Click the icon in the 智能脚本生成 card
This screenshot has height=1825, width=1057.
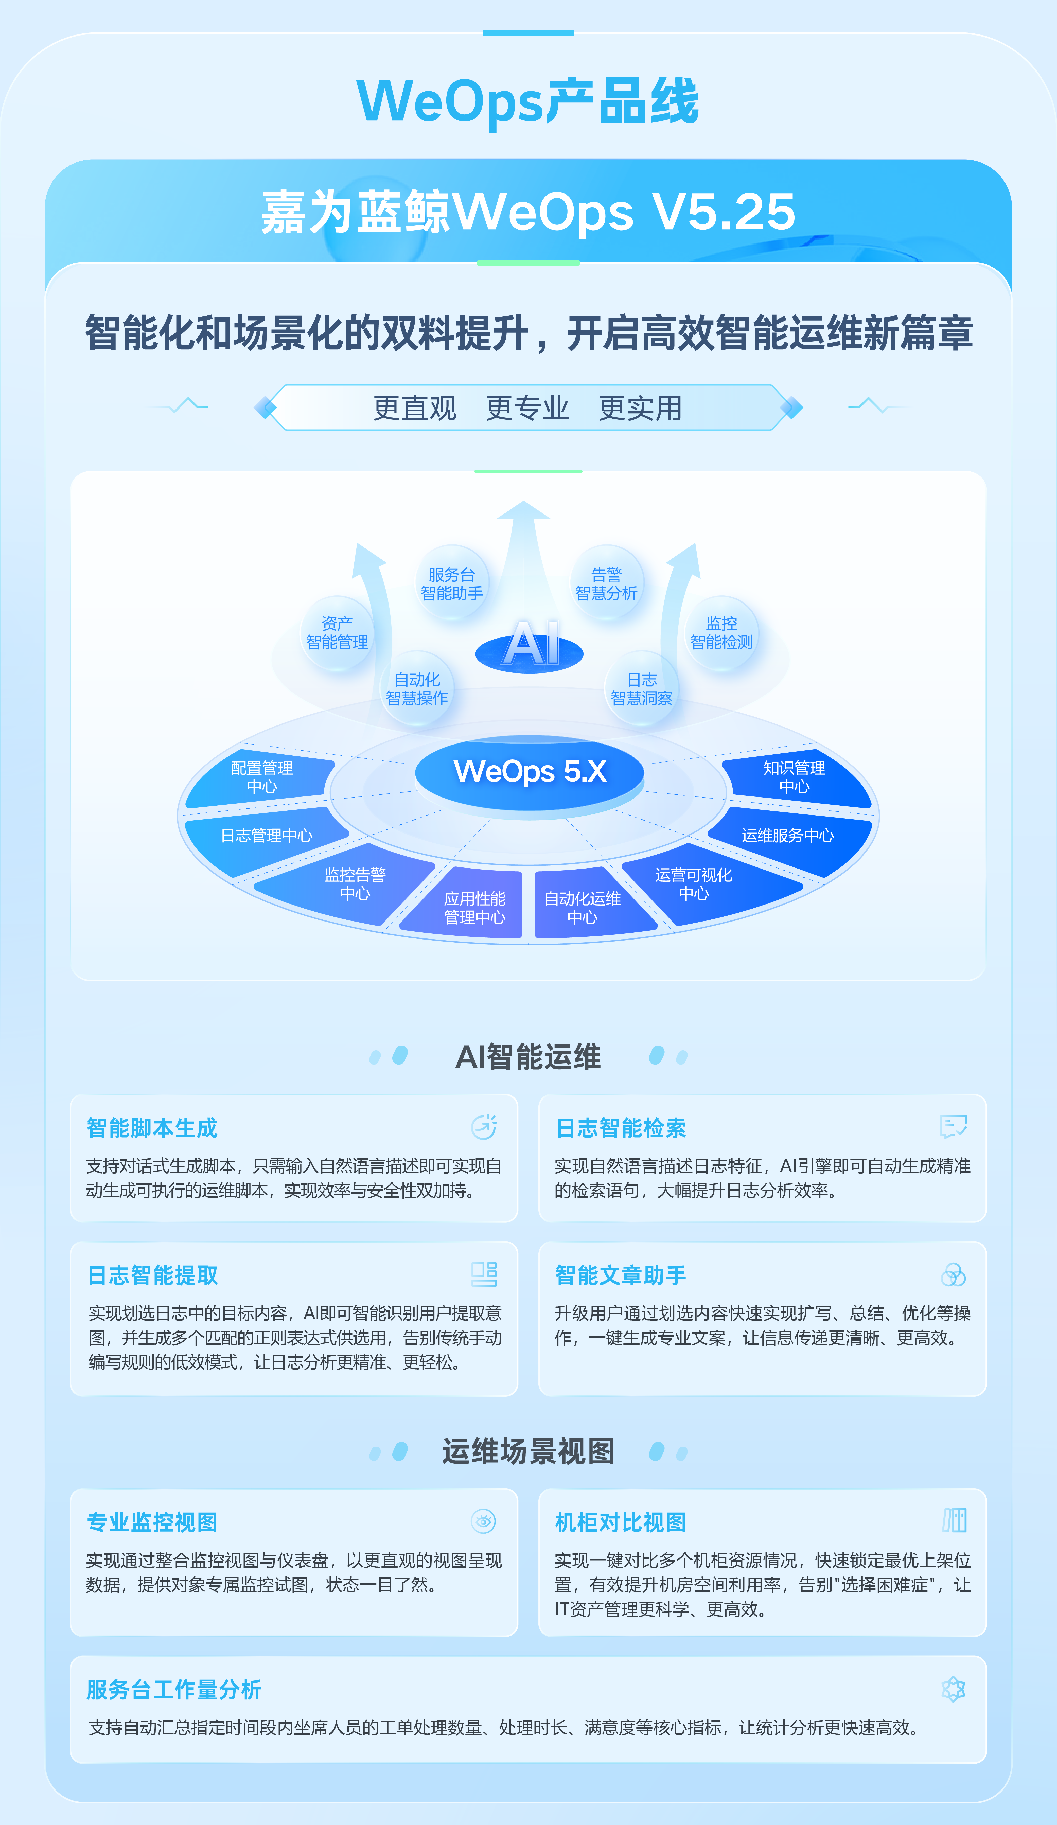point(484,1127)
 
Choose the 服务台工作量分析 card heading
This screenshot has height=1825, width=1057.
point(174,1690)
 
